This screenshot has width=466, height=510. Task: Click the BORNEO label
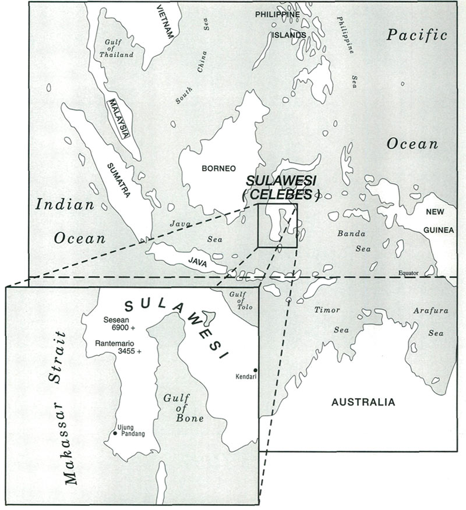(x=218, y=169)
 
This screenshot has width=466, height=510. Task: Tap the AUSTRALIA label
(x=363, y=402)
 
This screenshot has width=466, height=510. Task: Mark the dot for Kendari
(x=255, y=370)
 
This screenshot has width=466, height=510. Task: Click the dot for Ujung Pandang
(x=115, y=434)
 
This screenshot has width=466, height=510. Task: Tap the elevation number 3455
(x=114, y=353)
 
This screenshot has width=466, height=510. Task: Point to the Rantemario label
(x=115, y=344)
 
